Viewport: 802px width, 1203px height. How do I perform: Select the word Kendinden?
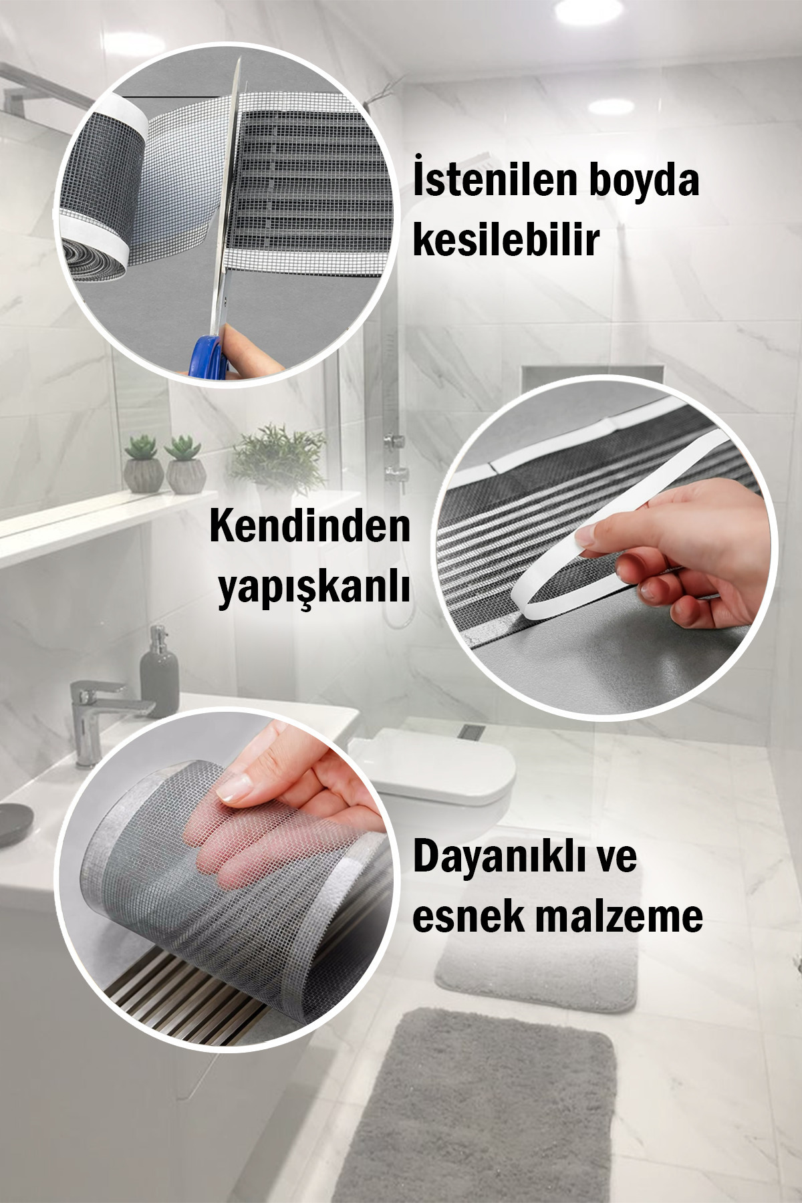pos(310,526)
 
